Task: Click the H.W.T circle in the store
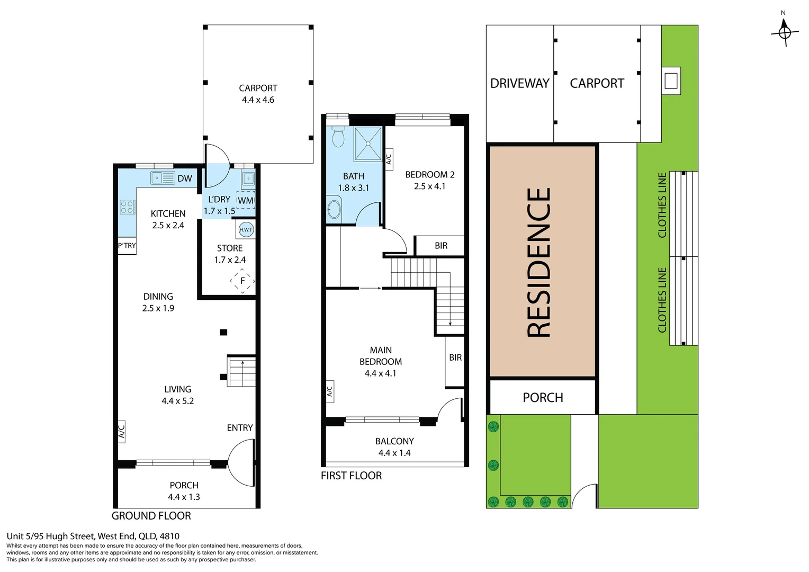[x=246, y=229]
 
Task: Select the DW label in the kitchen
[x=185, y=178]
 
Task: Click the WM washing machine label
[x=246, y=201]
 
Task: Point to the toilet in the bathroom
[x=338, y=137]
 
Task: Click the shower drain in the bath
[x=368, y=144]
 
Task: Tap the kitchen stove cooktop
[x=128, y=207]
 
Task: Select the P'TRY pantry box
[x=127, y=246]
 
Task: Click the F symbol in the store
[x=242, y=281]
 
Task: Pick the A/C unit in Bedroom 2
[x=389, y=159]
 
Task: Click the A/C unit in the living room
[x=121, y=432]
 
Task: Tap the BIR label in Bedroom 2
[x=441, y=246]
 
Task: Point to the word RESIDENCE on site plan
[x=539, y=263]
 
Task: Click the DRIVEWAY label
[x=520, y=84]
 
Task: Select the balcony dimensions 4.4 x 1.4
[x=394, y=453]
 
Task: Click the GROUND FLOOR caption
[x=151, y=516]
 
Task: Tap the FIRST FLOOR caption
[x=352, y=476]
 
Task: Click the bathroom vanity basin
[x=334, y=209]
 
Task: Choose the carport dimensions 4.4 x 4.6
[x=258, y=100]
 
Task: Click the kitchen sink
[x=163, y=178]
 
